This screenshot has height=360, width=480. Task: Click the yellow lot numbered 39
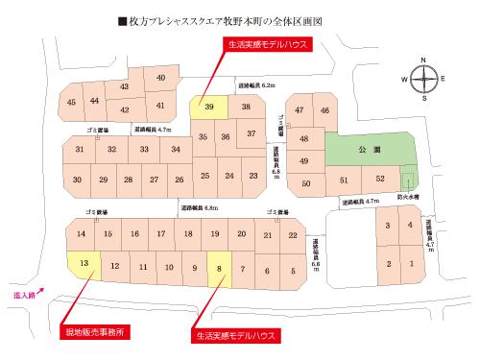[209, 108]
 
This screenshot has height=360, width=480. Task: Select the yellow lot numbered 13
[84, 263]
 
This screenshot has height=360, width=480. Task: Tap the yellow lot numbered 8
[220, 269]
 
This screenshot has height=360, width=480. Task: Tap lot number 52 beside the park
[380, 180]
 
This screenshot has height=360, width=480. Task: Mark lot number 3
[388, 226]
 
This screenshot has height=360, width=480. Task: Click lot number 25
[205, 176]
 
